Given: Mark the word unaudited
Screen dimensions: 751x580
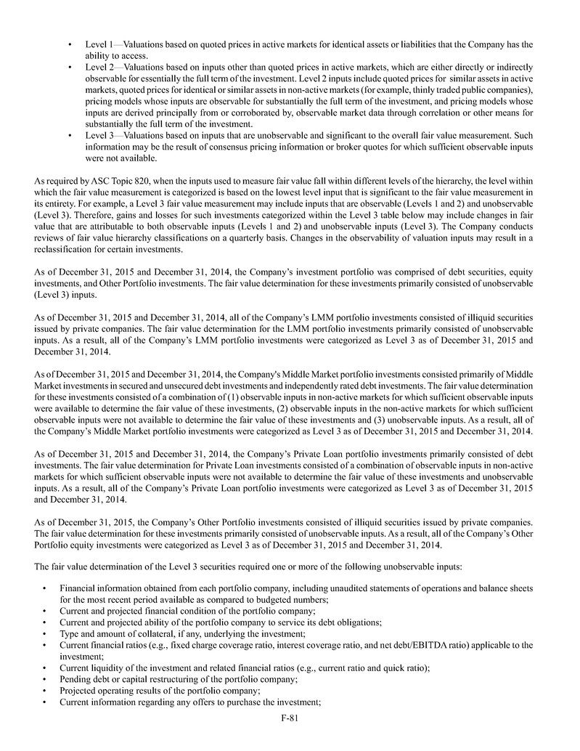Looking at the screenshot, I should click(x=397, y=588).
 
